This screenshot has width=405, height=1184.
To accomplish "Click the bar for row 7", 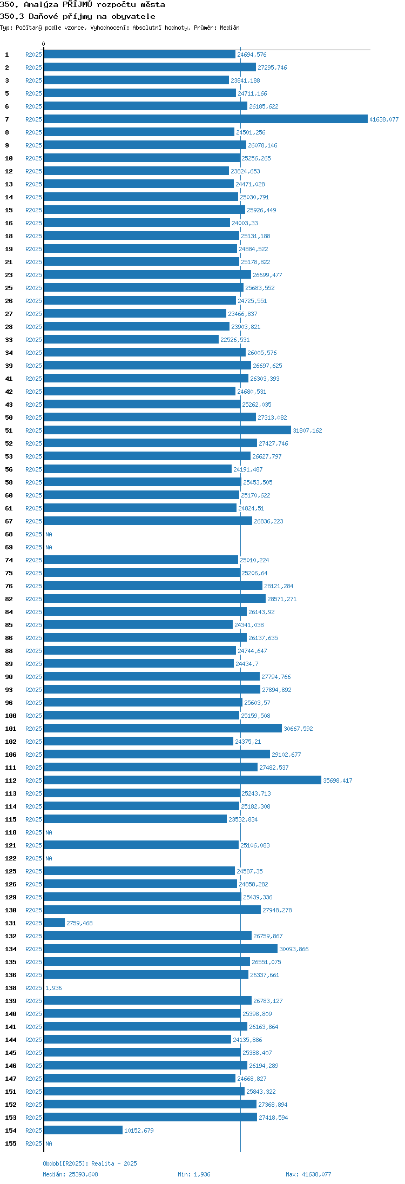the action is [206, 119].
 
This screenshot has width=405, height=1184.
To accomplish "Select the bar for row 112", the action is [183, 781].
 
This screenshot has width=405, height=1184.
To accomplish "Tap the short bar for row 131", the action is [54, 923].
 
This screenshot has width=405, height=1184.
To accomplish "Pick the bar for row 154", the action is [83, 1131].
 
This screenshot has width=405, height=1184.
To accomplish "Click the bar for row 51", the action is [167, 430].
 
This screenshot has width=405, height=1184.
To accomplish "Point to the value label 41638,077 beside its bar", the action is [384, 119].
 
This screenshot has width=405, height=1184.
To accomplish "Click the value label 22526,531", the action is [235, 340].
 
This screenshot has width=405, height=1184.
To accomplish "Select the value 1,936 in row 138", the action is [53, 988].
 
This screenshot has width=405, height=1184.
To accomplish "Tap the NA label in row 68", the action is [49, 534].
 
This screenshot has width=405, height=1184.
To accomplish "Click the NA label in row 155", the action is [49, 1143].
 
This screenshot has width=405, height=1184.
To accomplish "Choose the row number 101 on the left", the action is [11, 729].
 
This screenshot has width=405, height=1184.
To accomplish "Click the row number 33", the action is [9, 340].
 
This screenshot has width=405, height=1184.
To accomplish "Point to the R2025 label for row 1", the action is [33, 55].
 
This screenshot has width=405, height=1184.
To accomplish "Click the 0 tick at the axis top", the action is [44, 44].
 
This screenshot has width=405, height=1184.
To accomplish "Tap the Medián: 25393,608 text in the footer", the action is [71, 1174].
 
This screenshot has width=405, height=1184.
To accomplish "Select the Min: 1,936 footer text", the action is [194, 1174].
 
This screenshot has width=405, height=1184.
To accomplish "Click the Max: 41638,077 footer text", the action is [308, 1174].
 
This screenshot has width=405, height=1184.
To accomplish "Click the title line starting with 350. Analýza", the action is [83, 4].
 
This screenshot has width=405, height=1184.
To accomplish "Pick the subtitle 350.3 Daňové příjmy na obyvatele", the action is [78, 16].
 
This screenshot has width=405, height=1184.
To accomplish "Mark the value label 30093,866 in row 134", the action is [294, 949].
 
